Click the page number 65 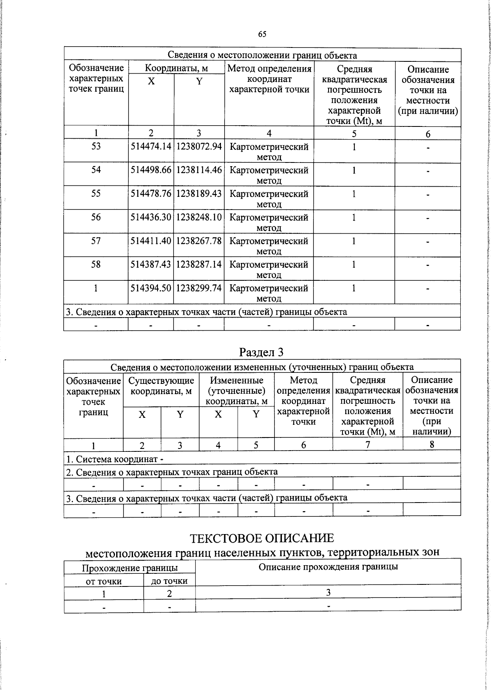tap(262, 34)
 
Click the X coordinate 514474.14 tap(151, 147)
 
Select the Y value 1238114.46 tap(199, 170)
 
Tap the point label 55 tap(96, 194)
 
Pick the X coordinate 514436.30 tap(151, 217)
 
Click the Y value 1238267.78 tap(199, 241)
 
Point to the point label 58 tap(96, 264)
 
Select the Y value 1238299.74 tap(199, 288)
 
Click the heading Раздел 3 tap(261, 352)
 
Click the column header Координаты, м tap(176, 68)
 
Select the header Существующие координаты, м tap(161, 386)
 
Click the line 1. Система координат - tap(115, 459)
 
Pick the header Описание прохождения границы tap(328, 567)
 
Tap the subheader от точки tap(104, 581)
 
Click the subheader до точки tap(169, 581)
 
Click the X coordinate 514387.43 tap(151, 264)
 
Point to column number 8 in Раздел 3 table tap(432, 444)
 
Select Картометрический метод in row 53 tap(269, 151)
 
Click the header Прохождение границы tap(130, 568)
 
